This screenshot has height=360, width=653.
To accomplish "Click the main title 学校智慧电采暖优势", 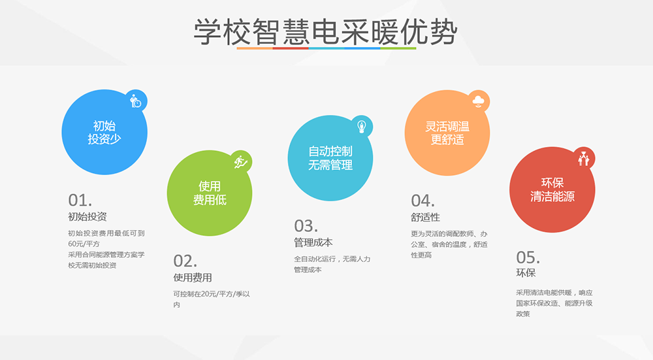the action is coord(326,31).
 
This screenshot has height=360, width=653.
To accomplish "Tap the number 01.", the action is coord(80,201).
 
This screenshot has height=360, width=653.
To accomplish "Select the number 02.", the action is coord(185,261).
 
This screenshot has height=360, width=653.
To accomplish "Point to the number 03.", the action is coord(306,226).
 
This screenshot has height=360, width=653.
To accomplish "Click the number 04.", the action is coord(422,201).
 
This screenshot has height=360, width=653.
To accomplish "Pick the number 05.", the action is coord(528,257).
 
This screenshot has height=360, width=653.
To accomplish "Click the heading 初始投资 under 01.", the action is coord(88,217).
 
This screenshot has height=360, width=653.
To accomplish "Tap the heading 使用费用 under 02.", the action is coord(193,278).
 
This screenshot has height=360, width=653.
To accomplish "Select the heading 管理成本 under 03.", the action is coord(313,242).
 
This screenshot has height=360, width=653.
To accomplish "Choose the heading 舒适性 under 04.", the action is coord(425,217).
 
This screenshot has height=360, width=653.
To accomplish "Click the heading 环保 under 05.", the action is coord(526,273).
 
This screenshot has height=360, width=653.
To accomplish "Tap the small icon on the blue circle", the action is coord(136,101).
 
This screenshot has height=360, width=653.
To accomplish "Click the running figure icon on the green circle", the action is coord(241,161).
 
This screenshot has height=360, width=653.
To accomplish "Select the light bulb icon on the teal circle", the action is coord(362,126).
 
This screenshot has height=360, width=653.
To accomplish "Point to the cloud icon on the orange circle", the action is coord(479,101).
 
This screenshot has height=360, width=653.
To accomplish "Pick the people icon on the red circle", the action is coord(584,158).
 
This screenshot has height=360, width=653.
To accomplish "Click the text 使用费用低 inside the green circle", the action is coord(210,193).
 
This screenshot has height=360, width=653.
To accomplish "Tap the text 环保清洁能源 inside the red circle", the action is coord(552,189).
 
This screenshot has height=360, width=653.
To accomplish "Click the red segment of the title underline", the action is coord(291,48).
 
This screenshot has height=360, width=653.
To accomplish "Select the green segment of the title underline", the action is coord(398,48).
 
